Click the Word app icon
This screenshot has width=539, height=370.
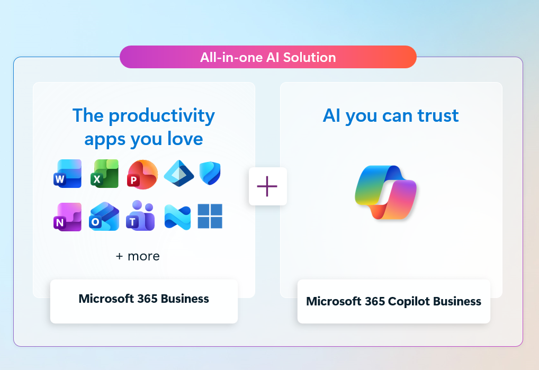coord(68,174)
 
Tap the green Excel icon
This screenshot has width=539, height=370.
coord(104,174)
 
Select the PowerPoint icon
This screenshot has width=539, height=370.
coord(142,174)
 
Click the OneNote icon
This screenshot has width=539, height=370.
coord(68,217)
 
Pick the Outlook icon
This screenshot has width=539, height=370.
coord(104,216)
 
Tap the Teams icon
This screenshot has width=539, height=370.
coord(140,215)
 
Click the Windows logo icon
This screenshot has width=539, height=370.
coord(210,216)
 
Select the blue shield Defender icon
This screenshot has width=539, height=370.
coord(210,173)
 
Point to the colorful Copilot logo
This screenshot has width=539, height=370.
coord(385,192)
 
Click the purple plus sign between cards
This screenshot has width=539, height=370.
coord(267,186)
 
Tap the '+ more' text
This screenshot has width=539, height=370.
coord(138,256)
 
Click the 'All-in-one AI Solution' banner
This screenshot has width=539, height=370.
coord(268,57)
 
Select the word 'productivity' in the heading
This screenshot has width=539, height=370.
coord(162,116)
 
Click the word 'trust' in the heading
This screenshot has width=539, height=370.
coord(438,115)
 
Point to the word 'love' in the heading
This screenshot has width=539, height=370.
coord(185,139)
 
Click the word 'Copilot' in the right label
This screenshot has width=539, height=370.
coord(409,302)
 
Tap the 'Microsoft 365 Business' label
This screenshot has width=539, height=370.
coord(143,299)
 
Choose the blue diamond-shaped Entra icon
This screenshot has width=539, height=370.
coord(179,173)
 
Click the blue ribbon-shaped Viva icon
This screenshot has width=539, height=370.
coord(177,217)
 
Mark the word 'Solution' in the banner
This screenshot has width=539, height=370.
coord(309,57)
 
